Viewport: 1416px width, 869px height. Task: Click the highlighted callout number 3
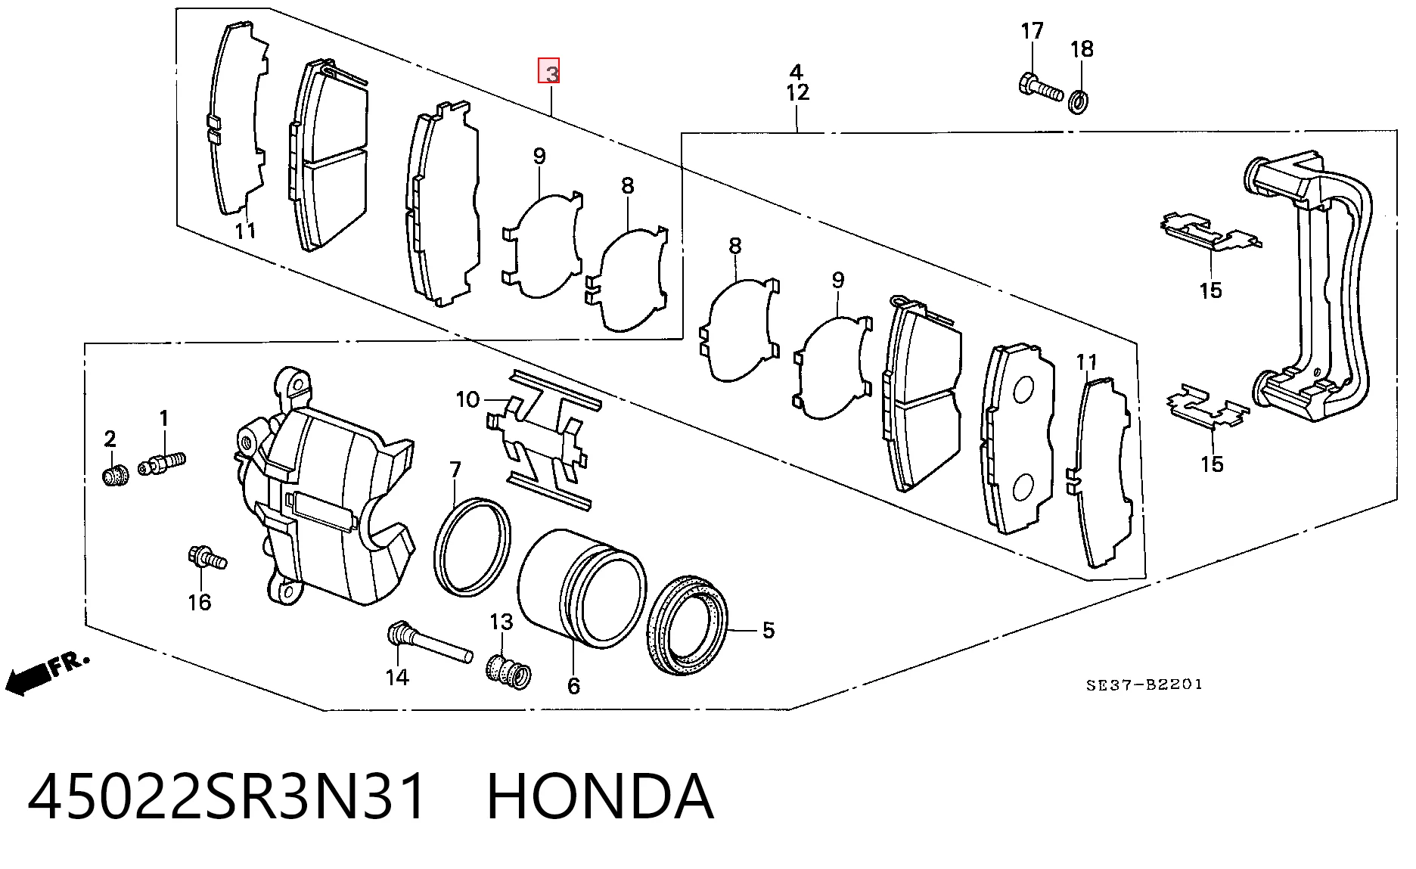tap(549, 71)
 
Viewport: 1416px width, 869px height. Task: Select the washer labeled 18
tap(1079, 101)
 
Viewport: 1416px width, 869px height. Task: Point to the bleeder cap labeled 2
tap(115, 476)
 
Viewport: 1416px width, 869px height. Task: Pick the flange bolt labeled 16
tap(206, 557)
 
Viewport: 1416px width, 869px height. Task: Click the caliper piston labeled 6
tap(581, 588)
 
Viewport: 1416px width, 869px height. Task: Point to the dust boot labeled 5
tap(688, 625)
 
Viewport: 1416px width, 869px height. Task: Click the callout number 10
tap(467, 399)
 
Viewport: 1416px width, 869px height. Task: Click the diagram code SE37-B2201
tap(1144, 685)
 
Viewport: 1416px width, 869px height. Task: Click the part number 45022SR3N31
tap(227, 796)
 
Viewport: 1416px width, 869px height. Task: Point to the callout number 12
tap(797, 92)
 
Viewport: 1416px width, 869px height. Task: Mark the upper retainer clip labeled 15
tap(1210, 231)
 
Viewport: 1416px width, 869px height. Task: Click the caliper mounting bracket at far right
tap(1309, 287)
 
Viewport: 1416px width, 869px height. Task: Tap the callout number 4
tap(796, 72)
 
